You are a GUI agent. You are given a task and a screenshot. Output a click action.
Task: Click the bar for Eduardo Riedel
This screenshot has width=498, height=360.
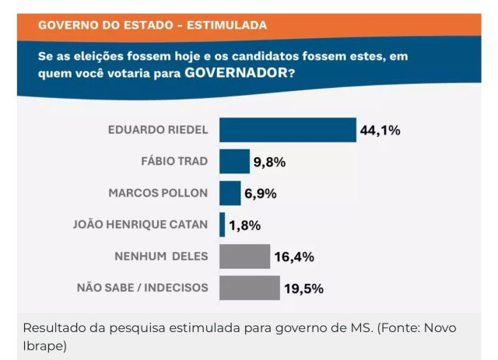287,130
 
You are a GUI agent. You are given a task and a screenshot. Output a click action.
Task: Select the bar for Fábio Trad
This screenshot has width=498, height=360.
234,162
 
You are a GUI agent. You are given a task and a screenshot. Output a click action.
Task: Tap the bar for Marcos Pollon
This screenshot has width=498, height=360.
230,194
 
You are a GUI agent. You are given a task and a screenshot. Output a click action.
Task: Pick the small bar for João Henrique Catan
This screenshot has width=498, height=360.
222,225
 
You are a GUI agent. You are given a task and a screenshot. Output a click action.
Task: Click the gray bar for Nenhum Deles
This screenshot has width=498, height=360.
244,257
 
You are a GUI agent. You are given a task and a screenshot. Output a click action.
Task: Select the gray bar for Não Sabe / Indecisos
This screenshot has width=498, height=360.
249,288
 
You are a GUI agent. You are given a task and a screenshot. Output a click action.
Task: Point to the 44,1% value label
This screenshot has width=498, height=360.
380,131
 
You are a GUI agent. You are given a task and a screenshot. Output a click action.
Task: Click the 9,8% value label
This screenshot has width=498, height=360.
269,163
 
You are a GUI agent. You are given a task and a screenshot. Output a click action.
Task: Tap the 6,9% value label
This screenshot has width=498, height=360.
261,194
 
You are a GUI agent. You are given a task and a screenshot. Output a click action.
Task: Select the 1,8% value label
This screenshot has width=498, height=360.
244,225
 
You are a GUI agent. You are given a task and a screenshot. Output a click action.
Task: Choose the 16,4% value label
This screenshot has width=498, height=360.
294,257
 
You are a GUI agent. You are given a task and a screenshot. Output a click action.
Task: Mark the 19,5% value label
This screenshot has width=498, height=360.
303,288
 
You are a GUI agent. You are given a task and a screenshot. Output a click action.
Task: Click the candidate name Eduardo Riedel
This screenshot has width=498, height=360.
157,130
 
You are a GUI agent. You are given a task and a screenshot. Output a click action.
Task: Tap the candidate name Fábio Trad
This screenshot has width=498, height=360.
174,162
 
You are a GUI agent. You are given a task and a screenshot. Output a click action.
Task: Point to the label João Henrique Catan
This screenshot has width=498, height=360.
140,225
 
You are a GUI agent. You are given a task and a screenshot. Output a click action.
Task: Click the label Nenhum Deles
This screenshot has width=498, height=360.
163,256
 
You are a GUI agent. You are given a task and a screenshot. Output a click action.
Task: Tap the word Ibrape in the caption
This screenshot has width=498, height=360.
45,344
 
